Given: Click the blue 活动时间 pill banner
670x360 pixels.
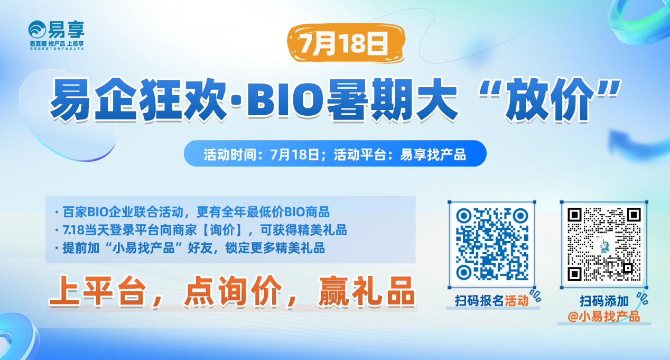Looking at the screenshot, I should point(334,154).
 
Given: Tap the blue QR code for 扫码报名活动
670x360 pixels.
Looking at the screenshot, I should point(492,243).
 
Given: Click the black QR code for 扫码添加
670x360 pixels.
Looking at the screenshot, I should point(604,243).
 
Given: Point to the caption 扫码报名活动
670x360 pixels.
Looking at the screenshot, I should point(491,301).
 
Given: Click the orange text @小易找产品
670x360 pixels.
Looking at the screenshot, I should point(603,316).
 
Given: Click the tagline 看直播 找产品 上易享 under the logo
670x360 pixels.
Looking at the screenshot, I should point(57,43).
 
